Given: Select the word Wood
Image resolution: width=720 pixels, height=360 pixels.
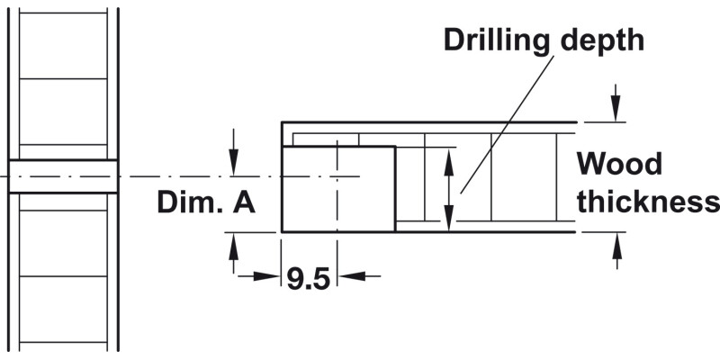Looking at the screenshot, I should pos(619,165).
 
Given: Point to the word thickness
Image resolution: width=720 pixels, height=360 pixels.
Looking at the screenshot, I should pos(648,202).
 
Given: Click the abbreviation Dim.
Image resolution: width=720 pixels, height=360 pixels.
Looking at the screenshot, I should pos(188,202).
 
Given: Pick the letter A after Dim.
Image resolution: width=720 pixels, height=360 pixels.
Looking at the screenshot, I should pos(244,202).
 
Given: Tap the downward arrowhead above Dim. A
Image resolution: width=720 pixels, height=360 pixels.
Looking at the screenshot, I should pos(233,166).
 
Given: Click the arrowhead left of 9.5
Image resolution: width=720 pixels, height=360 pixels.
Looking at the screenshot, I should pos(270,275).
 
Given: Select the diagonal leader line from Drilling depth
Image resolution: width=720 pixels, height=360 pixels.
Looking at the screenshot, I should pos(504,126).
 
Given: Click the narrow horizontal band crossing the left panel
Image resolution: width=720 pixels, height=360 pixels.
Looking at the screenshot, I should pos(63,175).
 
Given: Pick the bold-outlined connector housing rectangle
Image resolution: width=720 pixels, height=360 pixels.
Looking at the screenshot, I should pos(338,188).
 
